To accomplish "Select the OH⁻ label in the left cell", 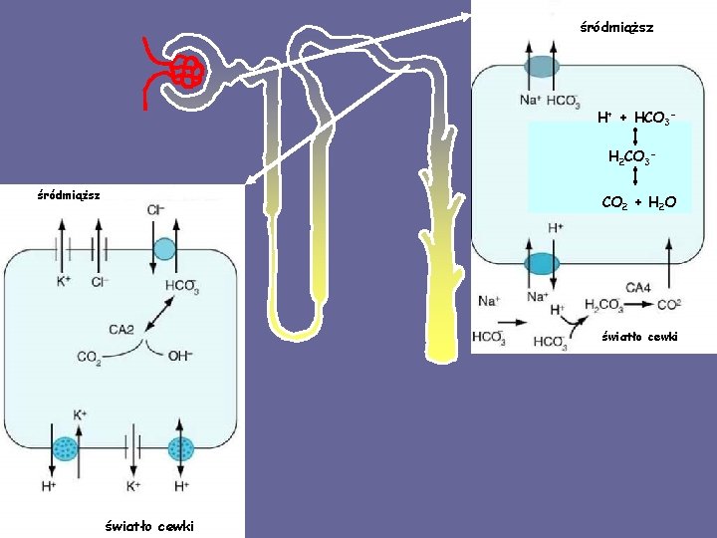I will (x=179, y=355).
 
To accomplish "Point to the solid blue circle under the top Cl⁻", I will (x=164, y=248).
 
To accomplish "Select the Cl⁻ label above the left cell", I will (x=156, y=210).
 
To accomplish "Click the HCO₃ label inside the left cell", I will (x=181, y=286).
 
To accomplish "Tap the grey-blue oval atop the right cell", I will (x=542, y=67).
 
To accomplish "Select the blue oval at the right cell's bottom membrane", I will (x=542, y=263).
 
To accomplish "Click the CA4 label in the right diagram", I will (x=640, y=288).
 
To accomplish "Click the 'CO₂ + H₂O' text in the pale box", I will (x=638, y=202).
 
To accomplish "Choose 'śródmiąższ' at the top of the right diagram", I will (x=616, y=28).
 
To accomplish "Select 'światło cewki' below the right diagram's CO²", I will (x=639, y=337).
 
